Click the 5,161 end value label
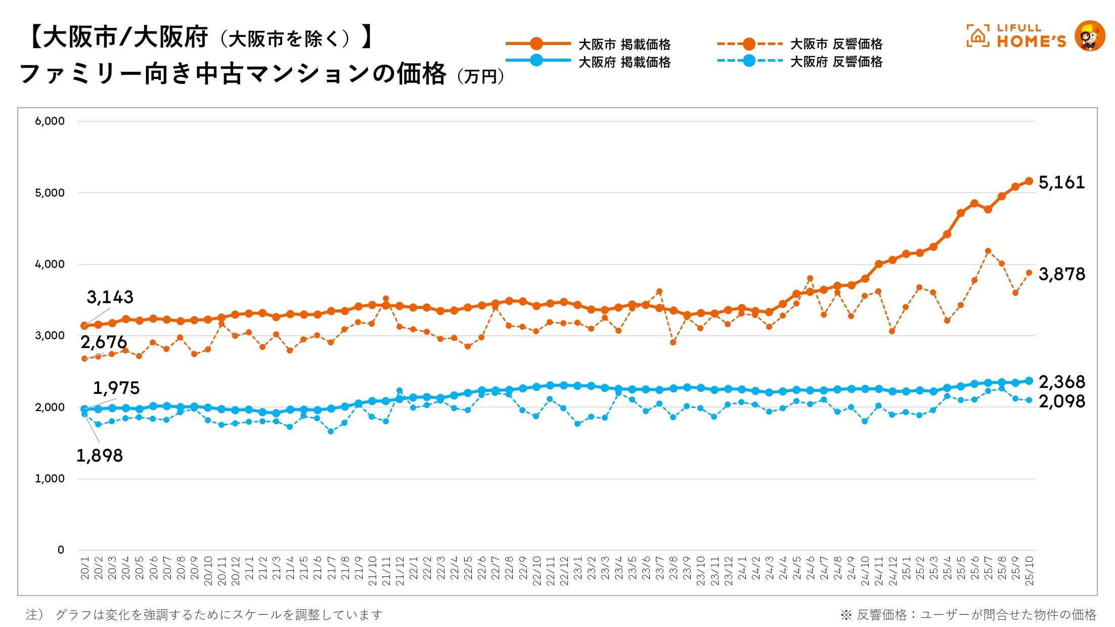coord(1061,183)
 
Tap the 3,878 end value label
coord(1061,274)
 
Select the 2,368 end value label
coord(1061,382)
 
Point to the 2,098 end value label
coord(1061,401)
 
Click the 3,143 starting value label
coord(110,297)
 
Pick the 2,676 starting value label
coord(104,342)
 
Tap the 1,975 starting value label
coord(116,388)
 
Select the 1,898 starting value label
coord(99,456)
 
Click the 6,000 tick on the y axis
coord(50,121)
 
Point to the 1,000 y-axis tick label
coord(50,478)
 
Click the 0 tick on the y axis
coord(61,550)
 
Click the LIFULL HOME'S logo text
coord(1031,36)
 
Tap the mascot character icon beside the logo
coord(1089,36)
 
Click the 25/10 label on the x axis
coord(1029,571)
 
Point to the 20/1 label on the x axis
coord(85,568)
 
